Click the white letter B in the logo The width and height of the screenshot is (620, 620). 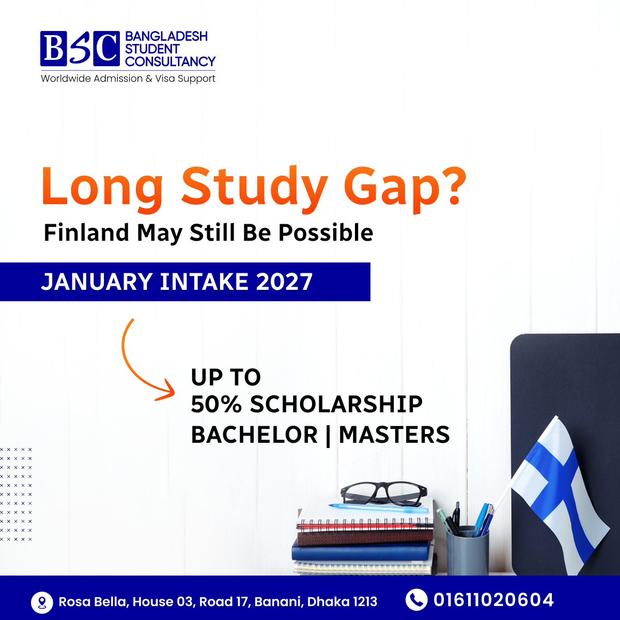point(53,48)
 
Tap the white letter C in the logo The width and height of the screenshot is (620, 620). point(106,48)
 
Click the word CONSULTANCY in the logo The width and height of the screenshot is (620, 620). point(170,61)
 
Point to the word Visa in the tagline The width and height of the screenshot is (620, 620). point(165,78)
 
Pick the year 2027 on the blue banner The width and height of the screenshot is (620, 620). point(284,282)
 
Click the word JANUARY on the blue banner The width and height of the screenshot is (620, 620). point(97,282)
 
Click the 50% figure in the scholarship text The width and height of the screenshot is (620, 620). point(216,404)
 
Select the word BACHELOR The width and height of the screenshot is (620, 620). point(255,435)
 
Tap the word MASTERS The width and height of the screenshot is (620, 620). point(394,435)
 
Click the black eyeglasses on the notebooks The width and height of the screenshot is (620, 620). point(384,493)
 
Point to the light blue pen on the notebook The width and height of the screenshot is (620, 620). point(378,508)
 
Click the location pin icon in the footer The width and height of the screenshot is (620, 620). point(42,602)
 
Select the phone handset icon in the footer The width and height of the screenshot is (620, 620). point(416,600)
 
